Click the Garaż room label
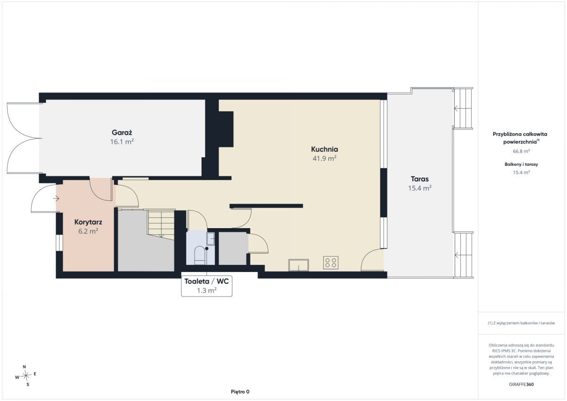click(122, 133)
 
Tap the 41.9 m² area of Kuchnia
click(324, 158)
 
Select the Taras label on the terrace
click(420, 179)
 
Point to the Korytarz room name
click(88, 222)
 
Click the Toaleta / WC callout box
click(206, 286)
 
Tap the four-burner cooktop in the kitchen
click(331, 263)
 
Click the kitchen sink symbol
click(299, 265)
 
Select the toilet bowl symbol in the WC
click(199, 255)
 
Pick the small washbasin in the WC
click(211, 239)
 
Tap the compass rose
click(26, 375)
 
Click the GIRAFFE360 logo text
click(521, 384)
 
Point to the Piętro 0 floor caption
click(240, 392)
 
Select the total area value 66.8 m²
click(521, 151)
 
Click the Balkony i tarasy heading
click(521, 164)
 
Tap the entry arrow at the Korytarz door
click(56, 198)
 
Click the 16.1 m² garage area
click(122, 142)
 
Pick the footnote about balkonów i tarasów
click(521, 323)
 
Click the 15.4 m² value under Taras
click(420, 188)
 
